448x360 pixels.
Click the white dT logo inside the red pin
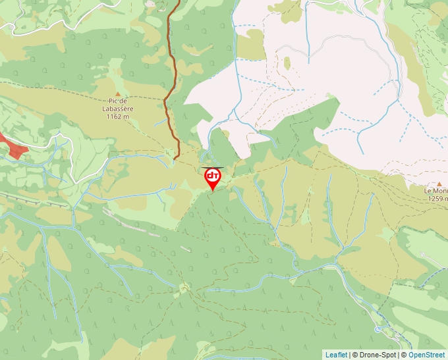click(212, 176)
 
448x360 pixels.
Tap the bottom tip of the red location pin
click(212, 192)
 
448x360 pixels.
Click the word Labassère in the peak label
click(119, 109)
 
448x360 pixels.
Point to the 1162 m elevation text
click(118, 116)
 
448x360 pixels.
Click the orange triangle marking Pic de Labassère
click(119, 94)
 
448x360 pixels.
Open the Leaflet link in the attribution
click(336, 355)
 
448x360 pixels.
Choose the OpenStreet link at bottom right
click(427, 355)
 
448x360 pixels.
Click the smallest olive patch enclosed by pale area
click(287, 63)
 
